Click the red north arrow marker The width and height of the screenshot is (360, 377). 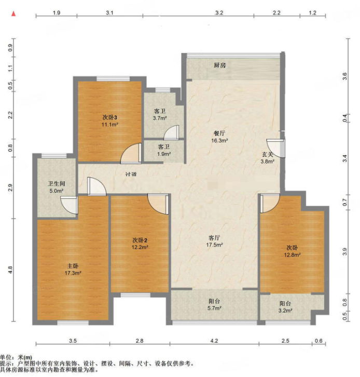(x=13, y=14)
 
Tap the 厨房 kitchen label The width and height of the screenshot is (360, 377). (x=220, y=65)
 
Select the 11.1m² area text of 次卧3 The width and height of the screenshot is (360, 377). (x=110, y=125)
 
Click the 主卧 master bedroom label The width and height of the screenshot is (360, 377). (x=73, y=266)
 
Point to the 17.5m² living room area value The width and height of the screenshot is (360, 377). (x=214, y=245)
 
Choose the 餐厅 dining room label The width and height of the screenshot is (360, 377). (x=219, y=133)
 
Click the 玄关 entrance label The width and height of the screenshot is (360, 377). (x=267, y=155)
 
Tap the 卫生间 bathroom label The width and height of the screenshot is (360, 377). (x=57, y=184)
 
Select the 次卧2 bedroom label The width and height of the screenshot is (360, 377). (x=140, y=240)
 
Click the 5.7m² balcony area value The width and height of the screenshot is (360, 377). (x=214, y=308)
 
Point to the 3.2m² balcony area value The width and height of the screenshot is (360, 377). (x=285, y=311)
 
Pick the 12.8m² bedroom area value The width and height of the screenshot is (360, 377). (x=292, y=255)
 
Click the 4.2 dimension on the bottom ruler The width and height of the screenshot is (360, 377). (x=214, y=341)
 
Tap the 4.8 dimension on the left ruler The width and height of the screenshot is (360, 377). (x=10, y=270)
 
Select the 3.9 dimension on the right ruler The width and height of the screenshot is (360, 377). (x=344, y=251)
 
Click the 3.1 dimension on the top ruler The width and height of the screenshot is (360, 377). (x=109, y=13)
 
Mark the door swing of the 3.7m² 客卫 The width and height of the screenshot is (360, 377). (x=171, y=132)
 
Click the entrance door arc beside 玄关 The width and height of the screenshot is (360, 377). (x=275, y=149)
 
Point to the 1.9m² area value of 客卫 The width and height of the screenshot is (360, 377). (x=164, y=154)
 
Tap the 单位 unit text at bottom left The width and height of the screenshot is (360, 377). (x=7, y=357)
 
